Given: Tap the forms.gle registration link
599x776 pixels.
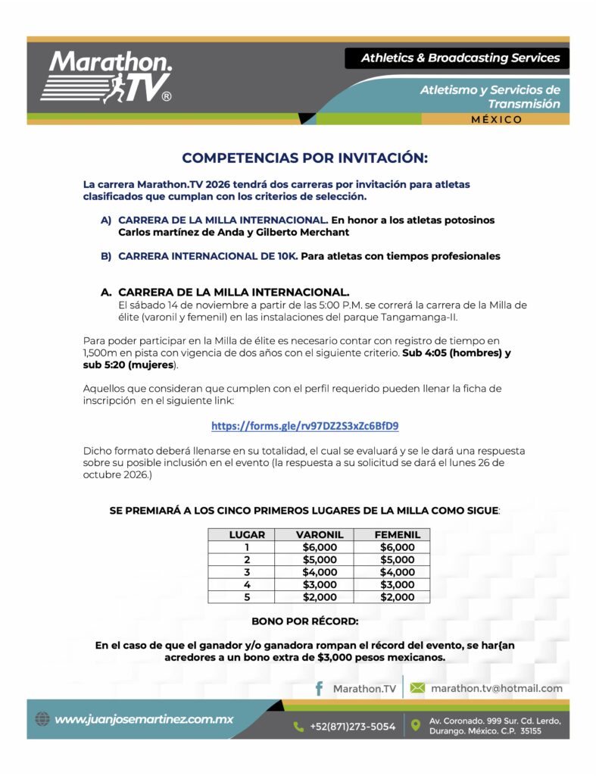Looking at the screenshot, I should click(x=304, y=425).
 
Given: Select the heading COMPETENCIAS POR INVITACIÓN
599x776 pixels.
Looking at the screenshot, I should click(x=304, y=158).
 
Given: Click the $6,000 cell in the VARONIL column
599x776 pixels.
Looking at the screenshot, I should click(x=319, y=547).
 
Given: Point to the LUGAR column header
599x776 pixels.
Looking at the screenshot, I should click(x=247, y=534).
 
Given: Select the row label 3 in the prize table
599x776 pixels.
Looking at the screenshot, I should click(x=247, y=572).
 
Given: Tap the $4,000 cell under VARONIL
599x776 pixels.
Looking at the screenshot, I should click(x=319, y=572).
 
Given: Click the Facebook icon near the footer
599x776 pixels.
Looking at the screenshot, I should click(x=319, y=688).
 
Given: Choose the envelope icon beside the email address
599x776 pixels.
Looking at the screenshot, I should click(x=417, y=688).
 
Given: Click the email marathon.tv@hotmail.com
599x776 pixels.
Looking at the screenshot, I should click(x=496, y=688).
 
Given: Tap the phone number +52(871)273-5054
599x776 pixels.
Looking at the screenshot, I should click(x=352, y=726).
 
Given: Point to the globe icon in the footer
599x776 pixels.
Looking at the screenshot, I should click(x=42, y=719).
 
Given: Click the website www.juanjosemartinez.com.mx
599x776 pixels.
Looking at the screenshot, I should click(x=143, y=719).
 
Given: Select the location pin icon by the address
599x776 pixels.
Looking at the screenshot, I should click(x=415, y=725).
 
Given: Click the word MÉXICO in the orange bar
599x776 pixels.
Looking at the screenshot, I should click(x=496, y=119).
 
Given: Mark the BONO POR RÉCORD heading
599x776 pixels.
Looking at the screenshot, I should click(x=304, y=621).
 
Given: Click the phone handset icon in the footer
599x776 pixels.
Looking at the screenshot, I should click(x=298, y=726).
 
